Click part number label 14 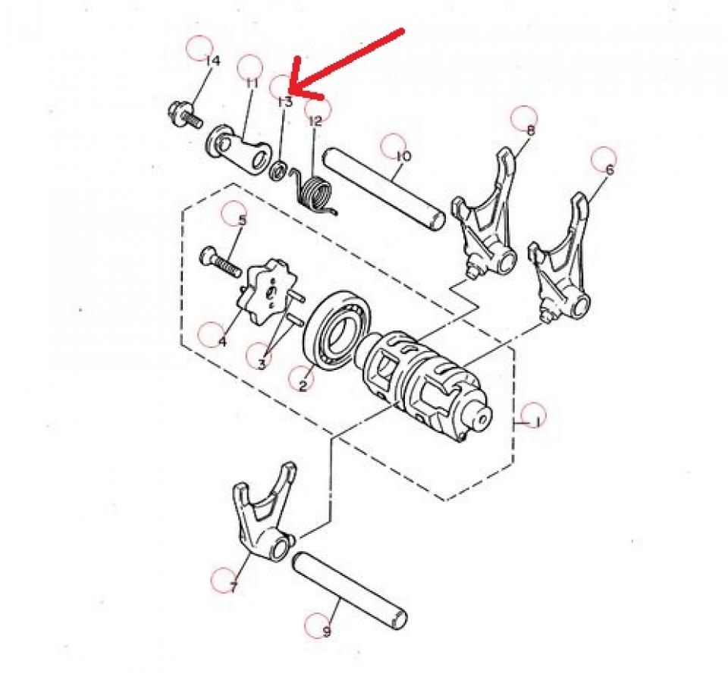tap(212, 61)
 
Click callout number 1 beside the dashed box tap(536, 422)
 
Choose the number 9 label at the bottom tap(327, 631)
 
